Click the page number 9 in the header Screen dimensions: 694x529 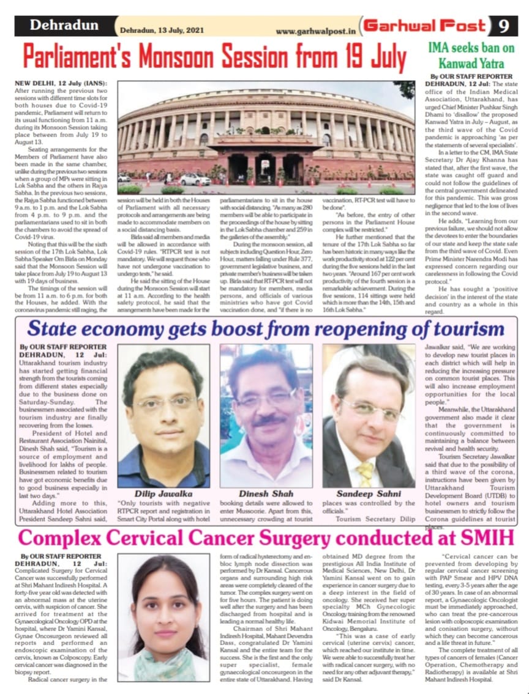click(504, 26)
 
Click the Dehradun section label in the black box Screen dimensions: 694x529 click(64, 26)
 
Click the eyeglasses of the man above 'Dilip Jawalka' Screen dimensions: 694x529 click(163, 402)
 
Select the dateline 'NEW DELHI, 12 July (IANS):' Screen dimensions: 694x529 click(59, 83)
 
